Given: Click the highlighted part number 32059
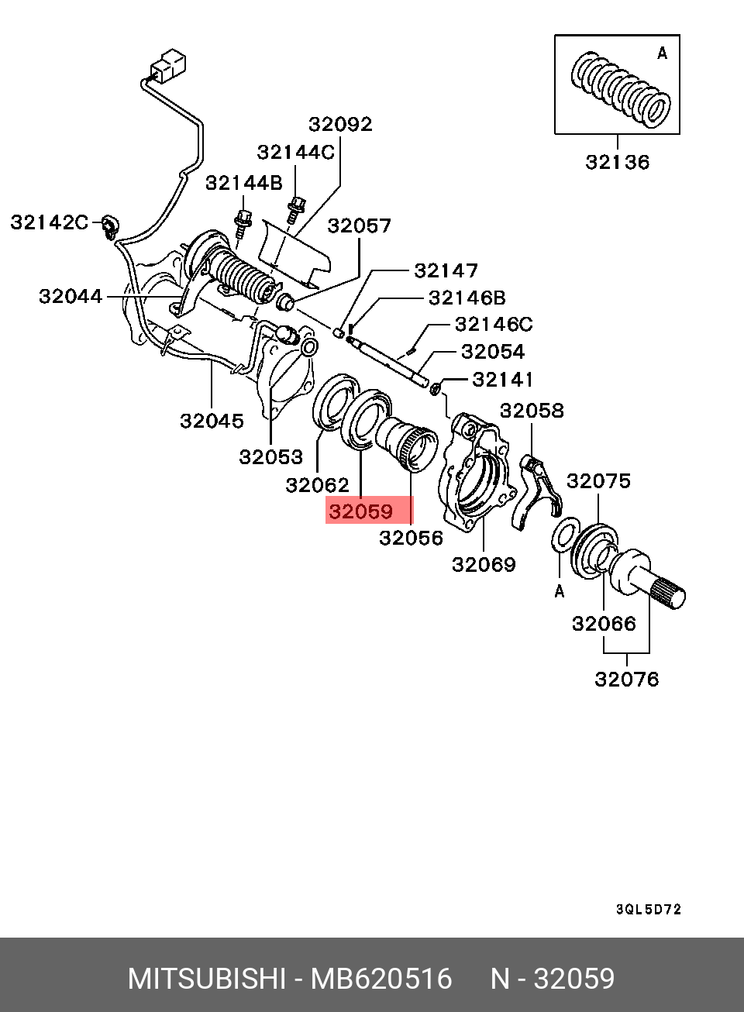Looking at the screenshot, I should [x=361, y=512].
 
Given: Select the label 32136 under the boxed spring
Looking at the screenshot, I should [x=618, y=163].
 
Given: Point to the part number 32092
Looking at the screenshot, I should [x=340, y=124].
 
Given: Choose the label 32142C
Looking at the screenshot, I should [x=50, y=222].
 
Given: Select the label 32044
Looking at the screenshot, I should [x=71, y=296].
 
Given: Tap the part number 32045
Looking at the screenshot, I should [x=212, y=421].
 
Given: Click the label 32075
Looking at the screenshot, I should [x=598, y=481].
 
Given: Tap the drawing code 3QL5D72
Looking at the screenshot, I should [x=648, y=910].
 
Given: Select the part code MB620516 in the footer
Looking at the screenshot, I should [x=381, y=979].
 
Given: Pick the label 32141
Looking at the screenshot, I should [x=503, y=380].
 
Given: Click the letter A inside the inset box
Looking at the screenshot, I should [x=662, y=53].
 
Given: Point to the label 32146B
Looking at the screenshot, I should [x=467, y=298].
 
